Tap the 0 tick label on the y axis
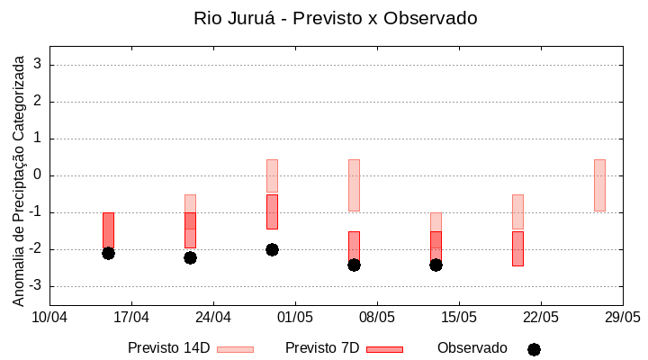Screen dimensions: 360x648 click(38, 175)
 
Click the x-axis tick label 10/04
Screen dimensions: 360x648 click(49, 317)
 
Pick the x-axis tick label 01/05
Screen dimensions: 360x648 click(295, 317)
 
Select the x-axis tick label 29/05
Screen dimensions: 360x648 click(622, 317)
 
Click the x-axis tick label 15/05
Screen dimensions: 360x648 click(459, 317)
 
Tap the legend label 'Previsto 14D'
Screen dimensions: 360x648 click(169, 348)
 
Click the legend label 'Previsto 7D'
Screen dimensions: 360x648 click(322, 348)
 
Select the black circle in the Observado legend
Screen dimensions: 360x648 click(534, 349)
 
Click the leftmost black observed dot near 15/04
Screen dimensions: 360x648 click(108, 253)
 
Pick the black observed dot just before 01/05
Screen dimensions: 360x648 click(272, 249)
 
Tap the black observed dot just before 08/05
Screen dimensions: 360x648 click(354, 265)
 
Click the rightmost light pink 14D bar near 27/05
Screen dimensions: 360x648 click(599, 184)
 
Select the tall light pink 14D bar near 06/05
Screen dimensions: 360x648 click(354, 184)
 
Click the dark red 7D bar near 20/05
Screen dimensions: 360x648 click(517, 248)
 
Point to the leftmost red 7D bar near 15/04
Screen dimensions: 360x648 click(108, 230)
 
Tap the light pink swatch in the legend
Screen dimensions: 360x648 click(236, 349)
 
